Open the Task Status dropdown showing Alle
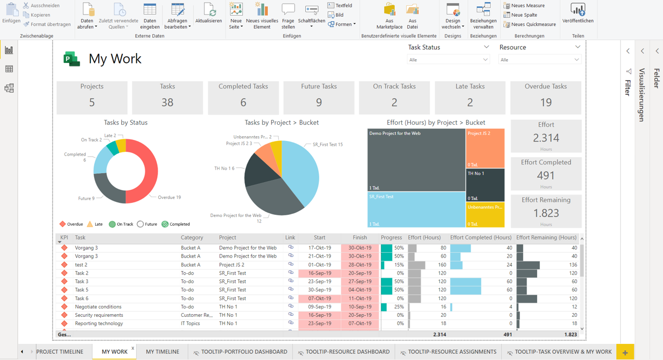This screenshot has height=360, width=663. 448,60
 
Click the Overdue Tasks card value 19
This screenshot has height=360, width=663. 545,102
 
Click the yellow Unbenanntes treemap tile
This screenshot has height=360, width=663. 485,215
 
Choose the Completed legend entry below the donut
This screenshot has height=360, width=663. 176,224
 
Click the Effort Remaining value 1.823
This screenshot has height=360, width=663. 545,213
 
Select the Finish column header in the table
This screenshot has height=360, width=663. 359,238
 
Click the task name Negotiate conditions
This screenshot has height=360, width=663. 98,307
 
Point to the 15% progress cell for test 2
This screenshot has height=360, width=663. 393,265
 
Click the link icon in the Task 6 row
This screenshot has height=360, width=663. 291,298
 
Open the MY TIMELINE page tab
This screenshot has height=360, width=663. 162,352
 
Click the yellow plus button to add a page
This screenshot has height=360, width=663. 625,352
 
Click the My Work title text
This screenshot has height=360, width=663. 115,59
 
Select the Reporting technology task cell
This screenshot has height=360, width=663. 99,324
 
